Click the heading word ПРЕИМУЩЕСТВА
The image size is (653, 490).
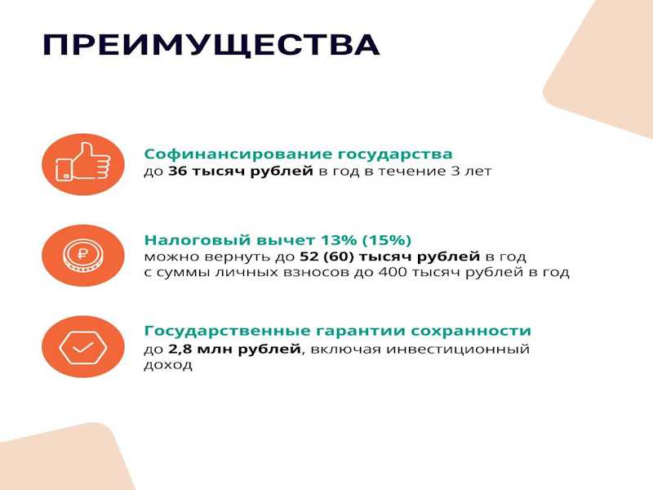click(211, 45)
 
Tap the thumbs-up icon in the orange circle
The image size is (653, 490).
click(83, 162)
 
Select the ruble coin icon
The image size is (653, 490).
click(83, 255)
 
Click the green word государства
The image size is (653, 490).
click(395, 154)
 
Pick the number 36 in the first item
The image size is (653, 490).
click(178, 171)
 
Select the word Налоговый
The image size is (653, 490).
click(198, 240)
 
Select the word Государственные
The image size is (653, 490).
click(228, 331)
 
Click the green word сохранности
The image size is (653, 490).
click(471, 331)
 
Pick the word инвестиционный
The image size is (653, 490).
click(458, 349)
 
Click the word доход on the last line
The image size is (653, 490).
click(168, 365)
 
